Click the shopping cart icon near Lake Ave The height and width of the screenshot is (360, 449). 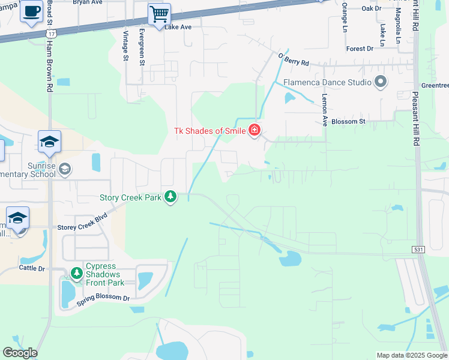159,14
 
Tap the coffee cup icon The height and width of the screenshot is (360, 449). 31,11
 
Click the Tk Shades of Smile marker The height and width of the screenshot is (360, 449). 255,130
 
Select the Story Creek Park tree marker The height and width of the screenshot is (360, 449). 171,196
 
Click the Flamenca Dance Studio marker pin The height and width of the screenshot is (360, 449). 380,82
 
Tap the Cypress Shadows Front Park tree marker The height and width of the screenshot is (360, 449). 76,274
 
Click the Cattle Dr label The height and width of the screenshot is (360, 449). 32,268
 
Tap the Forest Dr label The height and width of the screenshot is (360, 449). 360,49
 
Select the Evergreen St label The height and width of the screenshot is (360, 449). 142,44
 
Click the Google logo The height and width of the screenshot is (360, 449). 20,353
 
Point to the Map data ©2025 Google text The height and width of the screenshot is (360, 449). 412,355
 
